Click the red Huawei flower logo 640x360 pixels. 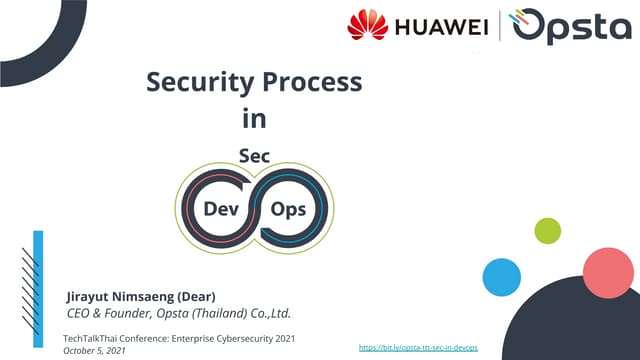(367, 26)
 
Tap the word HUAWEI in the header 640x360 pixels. (436, 27)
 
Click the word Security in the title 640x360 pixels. (192, 82)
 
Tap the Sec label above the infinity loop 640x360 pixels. (255, 156)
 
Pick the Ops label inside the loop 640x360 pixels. (288, 209)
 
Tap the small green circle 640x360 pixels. (547, 231)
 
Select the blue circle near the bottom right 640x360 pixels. (501, 276)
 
